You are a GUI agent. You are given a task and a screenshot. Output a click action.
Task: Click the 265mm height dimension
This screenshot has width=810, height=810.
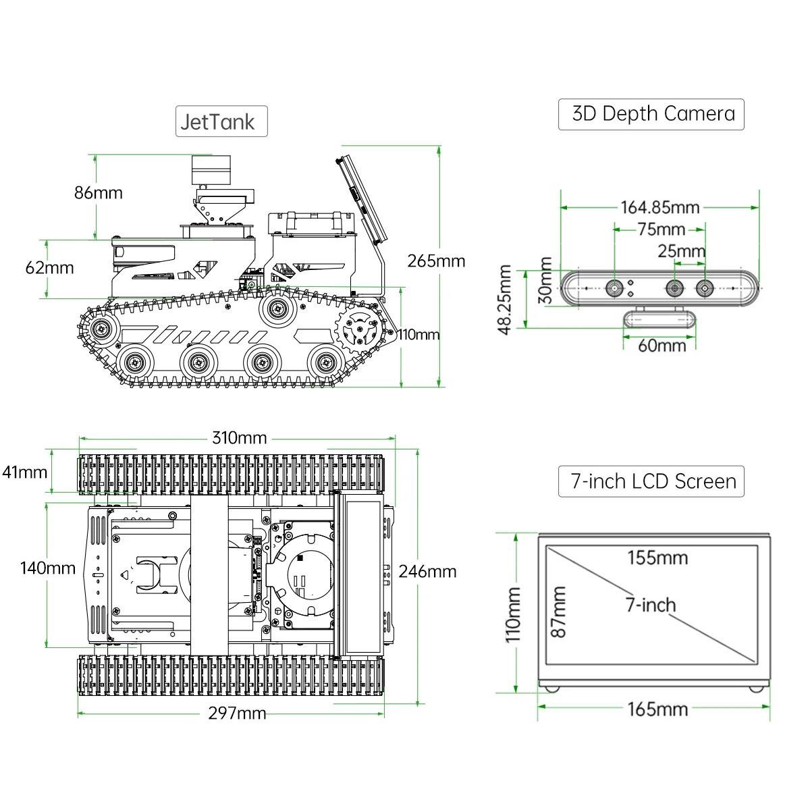(436, 261)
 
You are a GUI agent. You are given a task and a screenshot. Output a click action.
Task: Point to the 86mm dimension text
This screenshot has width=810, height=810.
(99, 193)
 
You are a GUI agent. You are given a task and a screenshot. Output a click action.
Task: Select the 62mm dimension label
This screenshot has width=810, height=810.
(49, 268)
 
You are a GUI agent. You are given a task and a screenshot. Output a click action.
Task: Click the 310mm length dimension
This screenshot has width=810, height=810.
(239, 438)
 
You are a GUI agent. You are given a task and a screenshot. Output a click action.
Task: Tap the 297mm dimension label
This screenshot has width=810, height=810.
(237, 713)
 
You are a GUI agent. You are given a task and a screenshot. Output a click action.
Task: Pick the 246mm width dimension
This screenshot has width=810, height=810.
(427, 572)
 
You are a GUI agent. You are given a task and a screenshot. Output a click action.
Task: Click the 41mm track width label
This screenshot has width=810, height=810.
(24, 473)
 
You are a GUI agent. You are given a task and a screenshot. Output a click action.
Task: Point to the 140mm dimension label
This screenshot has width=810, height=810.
(48, 568)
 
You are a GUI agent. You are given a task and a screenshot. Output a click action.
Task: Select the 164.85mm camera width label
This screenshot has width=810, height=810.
(660, 208)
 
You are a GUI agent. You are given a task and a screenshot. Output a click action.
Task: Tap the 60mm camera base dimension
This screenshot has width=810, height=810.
(662, 346)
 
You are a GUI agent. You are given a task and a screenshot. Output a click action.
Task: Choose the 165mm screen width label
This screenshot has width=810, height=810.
(658, 709)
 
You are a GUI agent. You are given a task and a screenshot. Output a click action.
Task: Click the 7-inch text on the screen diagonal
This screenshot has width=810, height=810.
(651, 605)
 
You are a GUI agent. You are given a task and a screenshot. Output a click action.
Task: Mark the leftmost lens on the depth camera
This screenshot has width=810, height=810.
(615, 289)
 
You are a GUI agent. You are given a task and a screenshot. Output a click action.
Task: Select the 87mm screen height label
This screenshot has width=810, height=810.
(558, 612)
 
